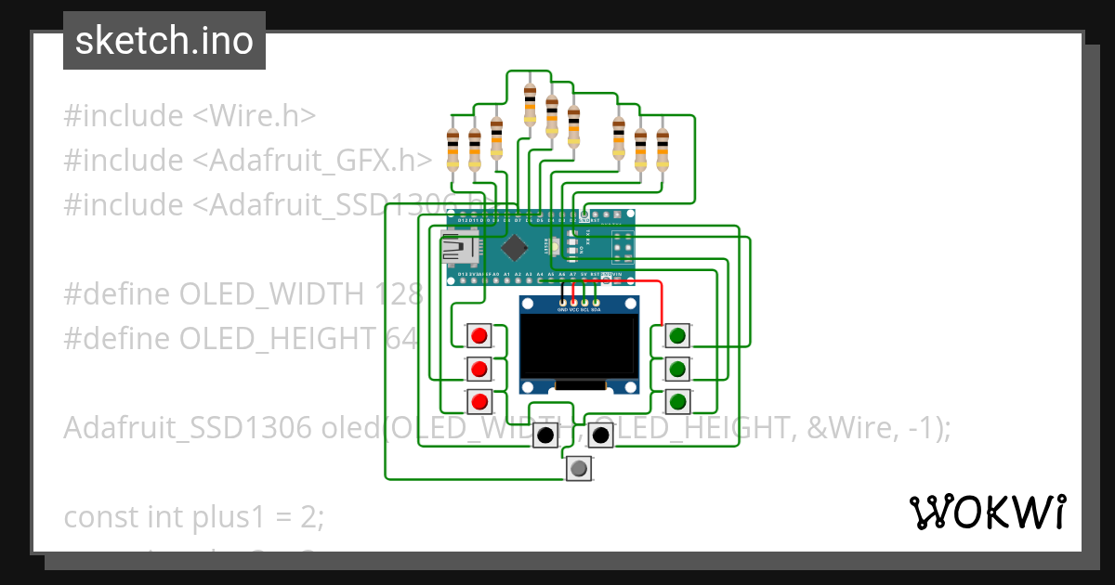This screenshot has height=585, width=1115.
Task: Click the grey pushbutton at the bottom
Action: [x=579, y=469]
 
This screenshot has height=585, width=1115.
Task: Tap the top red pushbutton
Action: [x=479, y=335]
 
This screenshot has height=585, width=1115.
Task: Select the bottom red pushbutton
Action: [x=479, y=402]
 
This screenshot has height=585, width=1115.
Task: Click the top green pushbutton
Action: [x=678, y=335]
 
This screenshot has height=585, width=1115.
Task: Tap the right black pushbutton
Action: [x=601, y=435]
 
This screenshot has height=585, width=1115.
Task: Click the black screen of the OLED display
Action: [x=578, y=352]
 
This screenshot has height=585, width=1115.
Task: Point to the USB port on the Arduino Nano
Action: [x=458, y=247]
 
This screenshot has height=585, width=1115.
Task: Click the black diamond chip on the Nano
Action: [x=512, y=248]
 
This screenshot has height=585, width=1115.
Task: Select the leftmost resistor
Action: [x=453, y=149]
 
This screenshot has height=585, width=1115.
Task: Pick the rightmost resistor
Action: [x=662, y=149]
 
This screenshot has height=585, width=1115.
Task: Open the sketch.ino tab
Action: [x=164, y=41]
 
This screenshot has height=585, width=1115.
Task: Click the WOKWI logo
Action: [x=987, y=512]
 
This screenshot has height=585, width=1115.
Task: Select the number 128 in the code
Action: [x=399, y=294]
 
